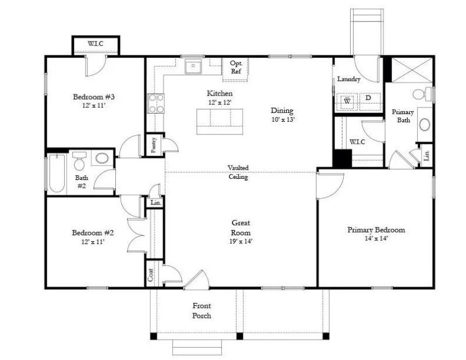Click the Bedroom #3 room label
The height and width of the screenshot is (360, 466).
point(93,97)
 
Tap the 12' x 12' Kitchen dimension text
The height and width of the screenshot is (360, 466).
point(220,103)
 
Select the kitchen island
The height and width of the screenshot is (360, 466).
point(219,121)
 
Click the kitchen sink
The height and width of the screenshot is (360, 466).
point(193,67)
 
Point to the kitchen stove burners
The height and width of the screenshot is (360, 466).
point(156,103)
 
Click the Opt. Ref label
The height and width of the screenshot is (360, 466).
point(236,67)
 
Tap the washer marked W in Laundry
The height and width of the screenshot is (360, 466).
point(348,100)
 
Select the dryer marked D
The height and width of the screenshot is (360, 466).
point(368,98)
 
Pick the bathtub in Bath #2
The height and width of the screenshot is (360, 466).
point(57,173)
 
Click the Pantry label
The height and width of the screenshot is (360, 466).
point(153,144)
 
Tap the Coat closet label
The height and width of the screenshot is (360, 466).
point(151,276)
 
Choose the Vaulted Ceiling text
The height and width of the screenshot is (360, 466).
point(238,172)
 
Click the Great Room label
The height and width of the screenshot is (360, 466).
point(241,228)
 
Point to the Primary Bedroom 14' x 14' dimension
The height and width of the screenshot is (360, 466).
point(376,238)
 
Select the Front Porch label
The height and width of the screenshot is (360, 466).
point(202,311)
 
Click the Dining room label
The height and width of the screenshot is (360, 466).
point(282,111)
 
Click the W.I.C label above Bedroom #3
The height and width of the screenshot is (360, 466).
point(96,44)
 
